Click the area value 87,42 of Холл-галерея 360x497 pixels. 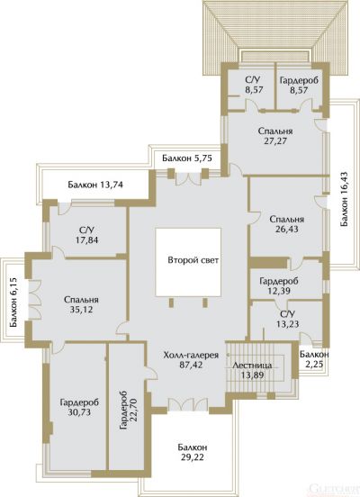(191, 365)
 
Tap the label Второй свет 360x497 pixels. (193, 260)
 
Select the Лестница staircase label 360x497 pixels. (252, 366)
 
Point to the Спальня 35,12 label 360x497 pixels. (81, 304)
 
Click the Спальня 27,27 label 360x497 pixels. (275, 136)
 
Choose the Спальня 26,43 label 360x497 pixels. (287, 224)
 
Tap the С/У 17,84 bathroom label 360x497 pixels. (86, 235)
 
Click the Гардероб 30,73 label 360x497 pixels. (79, 407)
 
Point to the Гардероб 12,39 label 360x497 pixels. (279, 285)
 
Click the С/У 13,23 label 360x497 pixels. (287, 320)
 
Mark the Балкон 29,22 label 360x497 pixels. (193, 452)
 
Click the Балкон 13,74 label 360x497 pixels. (95, 185)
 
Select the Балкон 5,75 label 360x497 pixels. (187, 158)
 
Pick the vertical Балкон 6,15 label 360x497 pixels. (13, 303)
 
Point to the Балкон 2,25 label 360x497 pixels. (314, 359)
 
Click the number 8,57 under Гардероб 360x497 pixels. (299, 90)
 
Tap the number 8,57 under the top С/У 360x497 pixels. (254, 90)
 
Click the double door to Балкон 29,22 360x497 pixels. (188, 405)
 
